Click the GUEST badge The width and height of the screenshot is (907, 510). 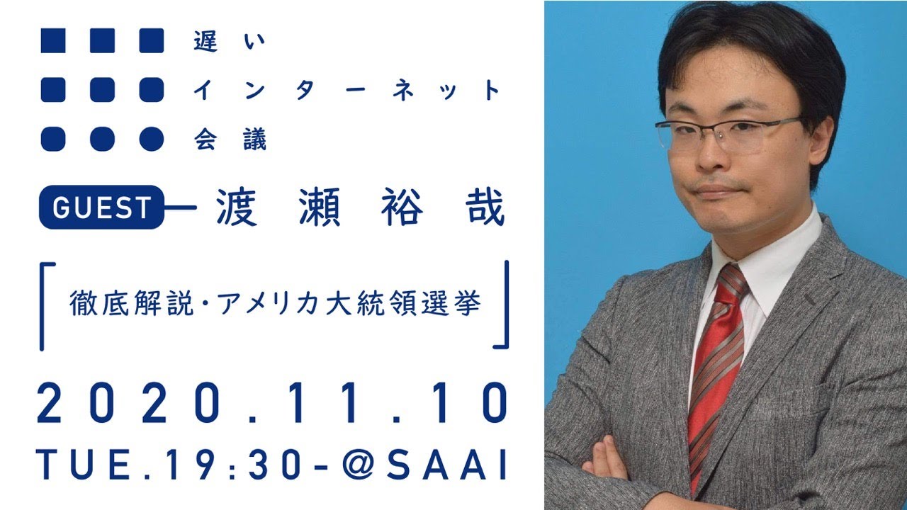(x=101, y=208)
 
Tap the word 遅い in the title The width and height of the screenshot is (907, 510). (x=229, y=41)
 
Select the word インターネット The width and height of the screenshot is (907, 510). (x=347, y=90)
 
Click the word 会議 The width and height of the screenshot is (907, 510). (x=230, y=140)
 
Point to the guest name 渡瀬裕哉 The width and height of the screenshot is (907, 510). (x=361, y=207)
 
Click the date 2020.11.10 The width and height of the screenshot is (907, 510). (x=272, y=403)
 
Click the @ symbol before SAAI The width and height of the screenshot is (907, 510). (x=359, y=464)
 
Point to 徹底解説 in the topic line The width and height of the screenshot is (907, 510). (x=132, y=304)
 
